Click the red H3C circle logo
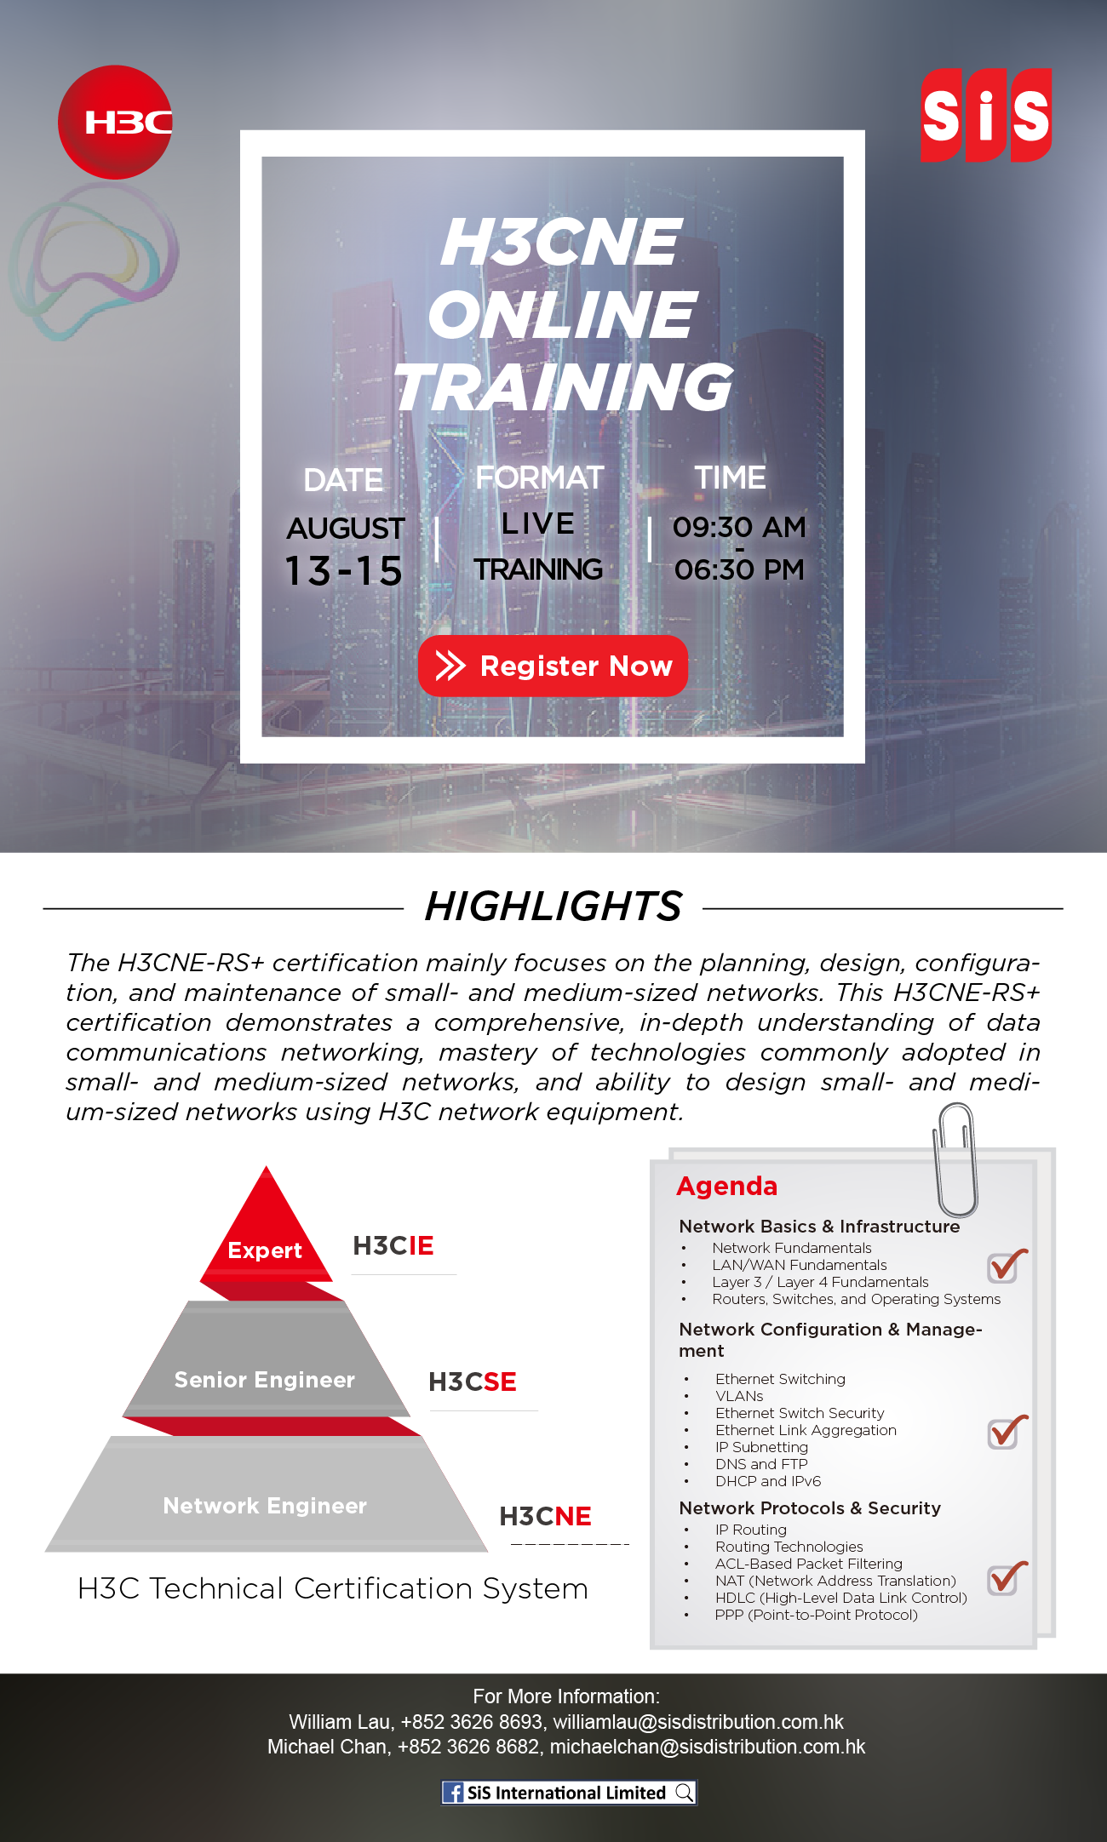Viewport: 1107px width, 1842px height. point(115,122)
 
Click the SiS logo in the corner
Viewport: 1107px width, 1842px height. point(986,115)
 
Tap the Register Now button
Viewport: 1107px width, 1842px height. point(553,666)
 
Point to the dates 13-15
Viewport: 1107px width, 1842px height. point(343,570)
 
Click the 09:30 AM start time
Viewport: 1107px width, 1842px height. point(739,527)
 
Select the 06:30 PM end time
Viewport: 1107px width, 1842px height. point(739,569)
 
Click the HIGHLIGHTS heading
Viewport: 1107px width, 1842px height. point(553,906)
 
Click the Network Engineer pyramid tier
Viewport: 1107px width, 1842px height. point(266,1496)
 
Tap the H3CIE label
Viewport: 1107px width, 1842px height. point(393,1246)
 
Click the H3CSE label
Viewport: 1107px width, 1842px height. point(473,1381)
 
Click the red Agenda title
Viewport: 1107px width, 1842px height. point(726,1187)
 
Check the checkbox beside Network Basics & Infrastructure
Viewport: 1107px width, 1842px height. point(1007,1267)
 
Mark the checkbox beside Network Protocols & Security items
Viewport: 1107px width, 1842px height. point(1007,1579)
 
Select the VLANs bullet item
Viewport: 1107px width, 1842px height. point(739,1396)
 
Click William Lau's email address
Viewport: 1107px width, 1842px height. point(698,1722)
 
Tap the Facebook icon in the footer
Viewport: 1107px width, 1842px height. point(453,1793)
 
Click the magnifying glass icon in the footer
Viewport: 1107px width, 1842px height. point(685,1793)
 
